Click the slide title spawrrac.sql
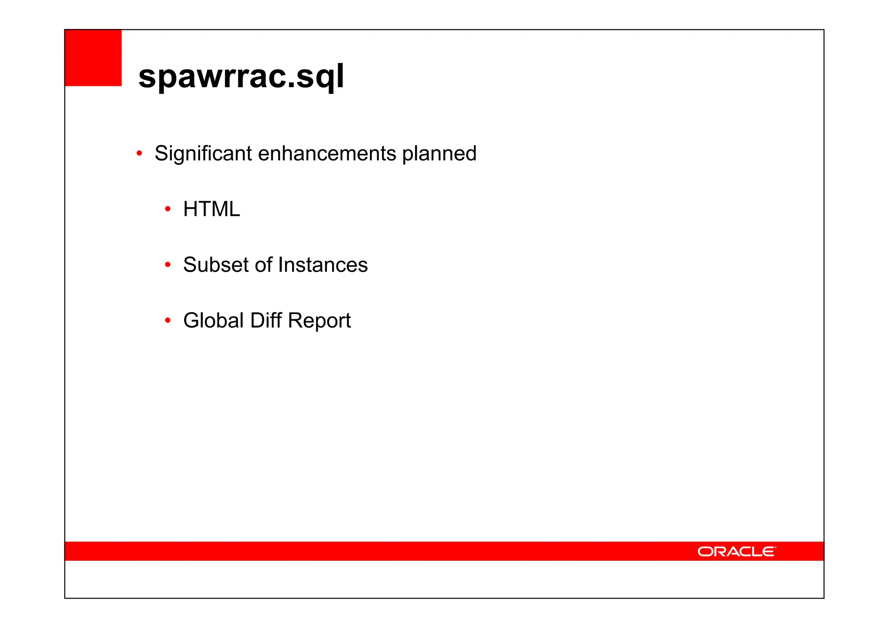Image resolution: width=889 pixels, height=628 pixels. click(241, 76)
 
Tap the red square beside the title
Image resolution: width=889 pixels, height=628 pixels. click(93, 58)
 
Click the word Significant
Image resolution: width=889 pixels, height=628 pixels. click(203, 154)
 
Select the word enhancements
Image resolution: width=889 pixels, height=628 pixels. click(327, 154)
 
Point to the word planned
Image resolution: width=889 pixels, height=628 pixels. click(439, 154)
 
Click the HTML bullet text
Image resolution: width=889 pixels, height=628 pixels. click(211, 209)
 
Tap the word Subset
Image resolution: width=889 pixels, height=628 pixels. click(216, 265)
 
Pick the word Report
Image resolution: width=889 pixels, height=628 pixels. click(319, 321)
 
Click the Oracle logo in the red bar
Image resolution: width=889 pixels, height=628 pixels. click(736, 551)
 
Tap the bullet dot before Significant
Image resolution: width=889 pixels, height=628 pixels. click(139, 153)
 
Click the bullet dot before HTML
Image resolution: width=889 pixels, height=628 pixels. click(168, 209)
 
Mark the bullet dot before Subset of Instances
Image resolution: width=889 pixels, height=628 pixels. click(168, 265)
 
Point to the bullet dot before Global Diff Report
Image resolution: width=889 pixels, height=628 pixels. click(168, 321)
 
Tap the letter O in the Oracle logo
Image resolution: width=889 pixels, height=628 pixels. click(705, 551)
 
